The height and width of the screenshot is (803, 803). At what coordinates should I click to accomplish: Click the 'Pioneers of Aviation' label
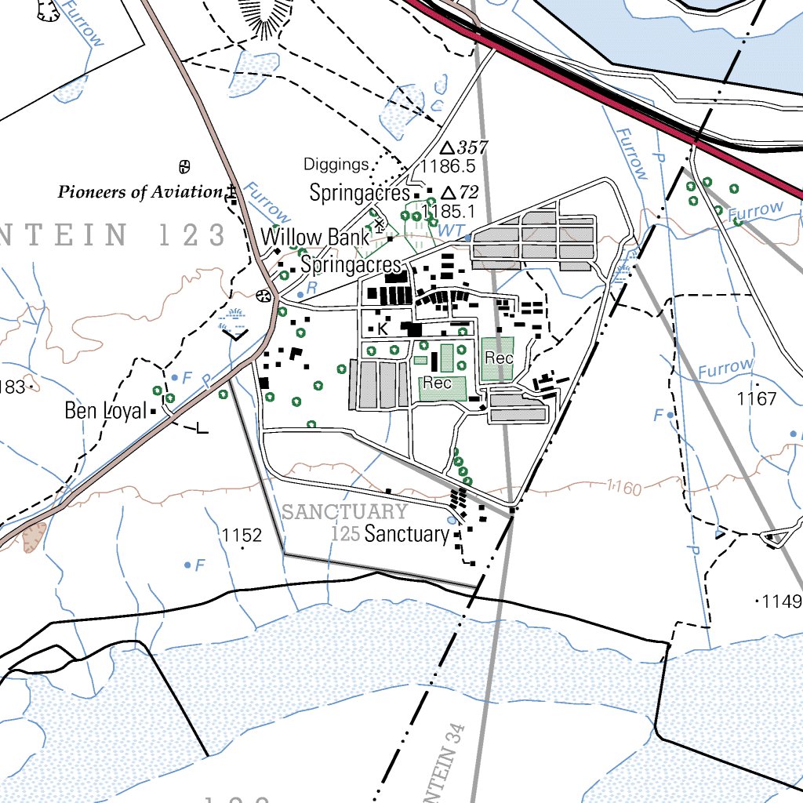(x=140, y=192)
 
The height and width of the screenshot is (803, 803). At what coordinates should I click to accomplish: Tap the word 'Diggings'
(x=336, y=165)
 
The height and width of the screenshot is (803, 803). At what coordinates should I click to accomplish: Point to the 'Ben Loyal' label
(x=106, y=410)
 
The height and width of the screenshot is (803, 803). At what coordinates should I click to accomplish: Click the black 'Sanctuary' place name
(x=407, y=535)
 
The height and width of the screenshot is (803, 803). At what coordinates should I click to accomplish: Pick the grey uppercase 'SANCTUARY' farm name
(x=344, y=513)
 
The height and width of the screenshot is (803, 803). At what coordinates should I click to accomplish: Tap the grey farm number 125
(x=345, y=535)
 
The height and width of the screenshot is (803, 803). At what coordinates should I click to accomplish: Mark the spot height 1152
(x=241, y=536)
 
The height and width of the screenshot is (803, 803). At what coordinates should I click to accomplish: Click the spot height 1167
(x=757, y=399)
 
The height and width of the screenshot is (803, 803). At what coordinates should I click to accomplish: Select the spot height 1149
(x=782, y=601)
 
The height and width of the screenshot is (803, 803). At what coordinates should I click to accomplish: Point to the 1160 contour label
(x=624, y=489)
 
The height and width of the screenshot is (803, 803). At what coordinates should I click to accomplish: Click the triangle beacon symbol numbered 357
(x=447, y=148)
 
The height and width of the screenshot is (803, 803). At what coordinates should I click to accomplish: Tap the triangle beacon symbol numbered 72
(x=449, y=193)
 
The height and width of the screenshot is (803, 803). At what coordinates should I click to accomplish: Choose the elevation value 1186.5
(x=448, y=166)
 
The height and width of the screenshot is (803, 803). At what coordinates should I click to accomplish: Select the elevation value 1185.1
(x=449, y=211)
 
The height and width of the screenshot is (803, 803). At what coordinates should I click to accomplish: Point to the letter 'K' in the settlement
(x=383, y=329)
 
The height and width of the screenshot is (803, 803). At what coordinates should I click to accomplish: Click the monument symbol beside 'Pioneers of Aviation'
(x=231, y=192)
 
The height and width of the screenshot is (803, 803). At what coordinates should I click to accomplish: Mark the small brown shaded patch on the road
(x=35, y=536)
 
